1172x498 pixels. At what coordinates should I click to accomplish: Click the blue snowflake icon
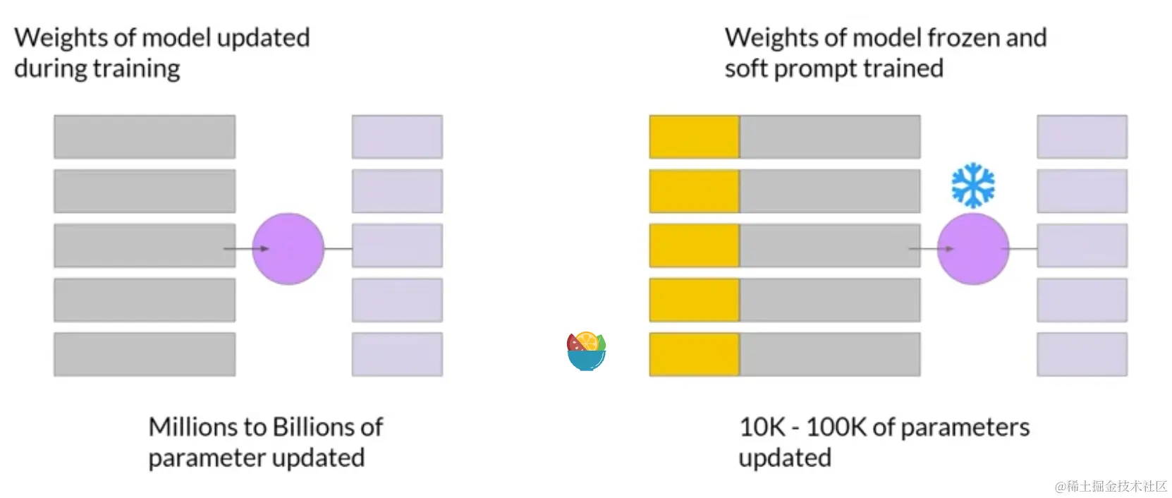pyautogui.click(x=973, y=186)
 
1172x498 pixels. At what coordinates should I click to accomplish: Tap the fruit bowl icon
pyautogui.click(x=587, y=351)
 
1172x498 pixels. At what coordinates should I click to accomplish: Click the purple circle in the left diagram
pyautogui.click(x=288, y=248)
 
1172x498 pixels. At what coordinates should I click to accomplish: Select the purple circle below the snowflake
pyautogui.click(x=973, y=248)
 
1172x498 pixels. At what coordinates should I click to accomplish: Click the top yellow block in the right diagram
pyautogui.click(x=695, y=137)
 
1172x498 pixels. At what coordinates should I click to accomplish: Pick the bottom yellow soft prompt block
pyautogui.click(x=695, y=354)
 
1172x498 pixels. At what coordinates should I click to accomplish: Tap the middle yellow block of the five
pyautogui.click(x=695, y=245)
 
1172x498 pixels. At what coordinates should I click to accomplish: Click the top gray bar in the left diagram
pyautogui.click(x=145, y=137)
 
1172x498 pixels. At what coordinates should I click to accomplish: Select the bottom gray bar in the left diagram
pyautogui.click(x=145, y=354)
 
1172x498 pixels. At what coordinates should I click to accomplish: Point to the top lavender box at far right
pyautogui.click(x=1082, y=137)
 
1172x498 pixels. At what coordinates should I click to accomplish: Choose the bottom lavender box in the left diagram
pyautogui.click(x=397, y=354)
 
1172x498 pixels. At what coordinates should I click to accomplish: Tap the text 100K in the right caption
pyautogui.click(x=836, y=427)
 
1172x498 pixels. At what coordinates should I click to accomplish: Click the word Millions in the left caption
pyautogui.click(x=193, y=427)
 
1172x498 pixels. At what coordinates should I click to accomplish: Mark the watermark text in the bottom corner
pyautogui.click(x=1110, y=486)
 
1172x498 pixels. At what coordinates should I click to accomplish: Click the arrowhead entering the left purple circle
pyautogui.click(x=264, y=248)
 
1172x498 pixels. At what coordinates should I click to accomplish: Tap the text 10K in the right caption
pyautogui.click(x=762, y=427)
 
